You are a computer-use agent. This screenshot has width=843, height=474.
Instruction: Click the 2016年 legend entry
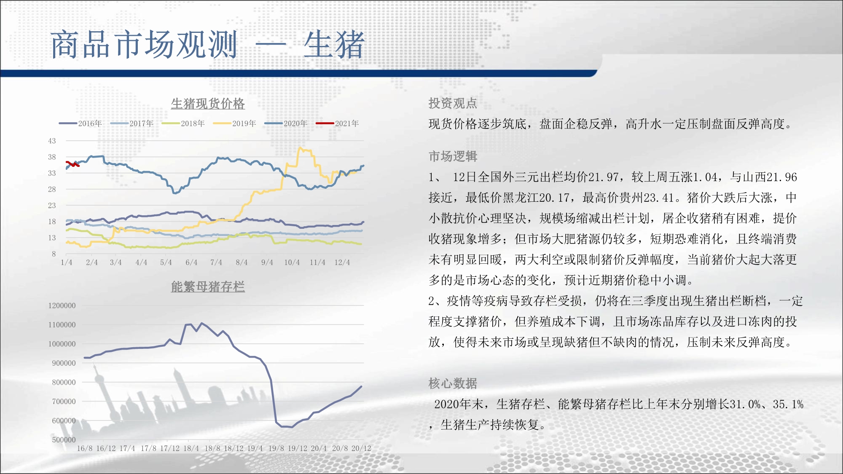pos(81,123)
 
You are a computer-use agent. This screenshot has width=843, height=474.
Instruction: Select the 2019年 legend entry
pos(235,123)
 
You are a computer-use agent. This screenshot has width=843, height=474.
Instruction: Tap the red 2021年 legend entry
pos(338,123)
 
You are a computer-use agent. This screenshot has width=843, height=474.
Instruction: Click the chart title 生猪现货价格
pos(208,104)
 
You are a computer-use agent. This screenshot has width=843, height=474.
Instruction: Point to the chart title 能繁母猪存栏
pos(208,287)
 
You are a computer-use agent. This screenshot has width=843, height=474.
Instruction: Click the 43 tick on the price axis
pos(52,141)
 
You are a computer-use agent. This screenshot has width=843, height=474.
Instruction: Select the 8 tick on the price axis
pos(54,254)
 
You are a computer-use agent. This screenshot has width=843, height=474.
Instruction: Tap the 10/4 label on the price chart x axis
pos(292,262)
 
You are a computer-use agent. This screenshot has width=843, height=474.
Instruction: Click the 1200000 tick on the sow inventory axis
pos(62,305)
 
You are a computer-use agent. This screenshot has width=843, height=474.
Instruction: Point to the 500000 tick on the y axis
pos(64,439)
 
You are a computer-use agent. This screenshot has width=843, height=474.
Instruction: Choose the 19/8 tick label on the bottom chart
pos(276,448)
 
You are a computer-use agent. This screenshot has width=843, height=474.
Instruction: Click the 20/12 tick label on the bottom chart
pos(361,448)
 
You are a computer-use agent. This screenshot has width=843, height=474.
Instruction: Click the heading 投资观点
pos(453,103)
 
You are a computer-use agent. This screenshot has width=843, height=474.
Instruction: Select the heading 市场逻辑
pos(453,156)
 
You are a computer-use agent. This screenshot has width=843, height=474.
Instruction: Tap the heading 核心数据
pos(453,383)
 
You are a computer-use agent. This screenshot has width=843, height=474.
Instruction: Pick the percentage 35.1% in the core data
pos(788,404)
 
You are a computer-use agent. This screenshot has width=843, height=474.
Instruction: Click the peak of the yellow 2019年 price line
pos(300,147)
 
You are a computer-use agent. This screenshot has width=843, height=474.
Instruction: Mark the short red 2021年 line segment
pos(72,164)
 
